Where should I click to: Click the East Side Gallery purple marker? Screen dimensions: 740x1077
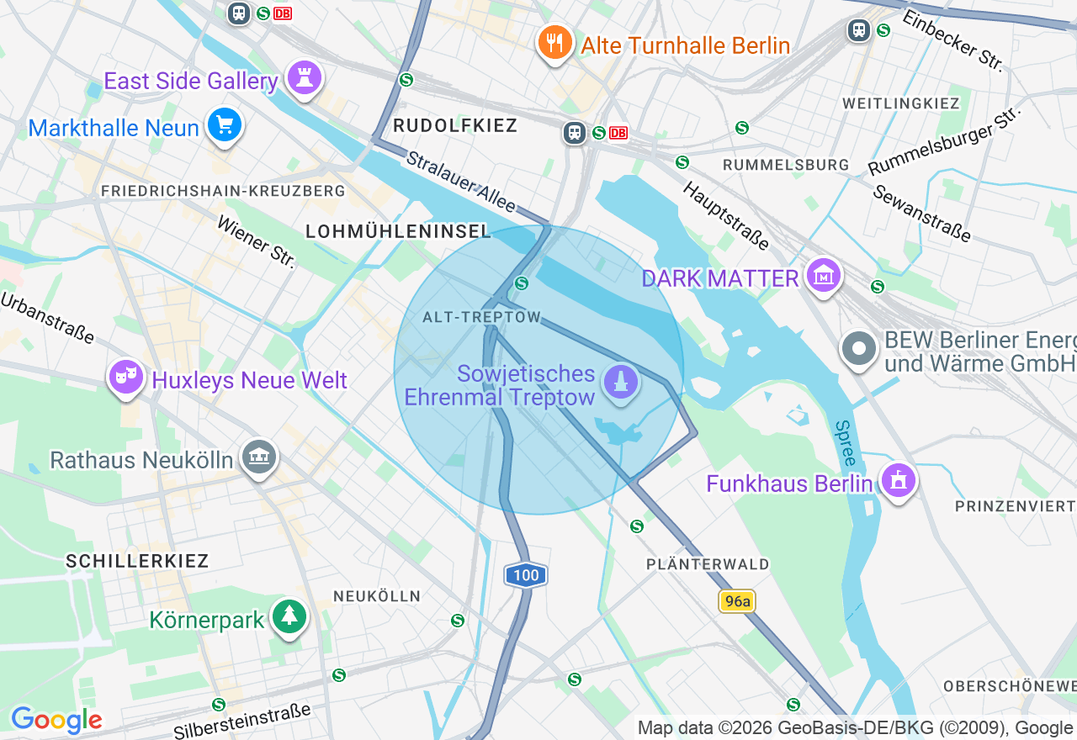tap(304, 78)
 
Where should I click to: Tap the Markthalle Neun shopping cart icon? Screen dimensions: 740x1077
tap(224, 125)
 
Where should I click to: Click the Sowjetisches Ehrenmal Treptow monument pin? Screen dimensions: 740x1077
tap(621, 383)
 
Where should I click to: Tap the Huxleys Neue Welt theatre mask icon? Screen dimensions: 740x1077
tap(125, 378)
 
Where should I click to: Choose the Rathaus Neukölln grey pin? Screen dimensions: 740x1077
tap(259, 457)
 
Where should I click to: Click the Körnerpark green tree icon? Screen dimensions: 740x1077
tap(289, 617)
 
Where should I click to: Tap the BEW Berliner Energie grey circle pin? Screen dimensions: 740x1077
tap(859, 348)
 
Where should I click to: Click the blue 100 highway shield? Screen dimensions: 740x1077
tap(526, 576)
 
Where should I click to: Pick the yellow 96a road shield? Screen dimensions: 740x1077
tap(737, 601)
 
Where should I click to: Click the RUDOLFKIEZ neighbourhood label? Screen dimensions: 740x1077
tap(454, 126)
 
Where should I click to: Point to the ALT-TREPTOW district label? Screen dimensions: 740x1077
tap(482, 317)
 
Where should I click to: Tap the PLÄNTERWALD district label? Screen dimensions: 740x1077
tap(708, 564)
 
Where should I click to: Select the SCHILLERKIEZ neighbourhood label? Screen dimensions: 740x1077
tap(137, 561)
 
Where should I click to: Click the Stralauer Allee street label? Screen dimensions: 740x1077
tap(459, 181)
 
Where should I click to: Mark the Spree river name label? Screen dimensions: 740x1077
tap(846, 443)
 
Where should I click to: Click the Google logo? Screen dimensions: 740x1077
tap(56, 721)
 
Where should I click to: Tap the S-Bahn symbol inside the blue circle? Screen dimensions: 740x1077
tap(522, 283)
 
